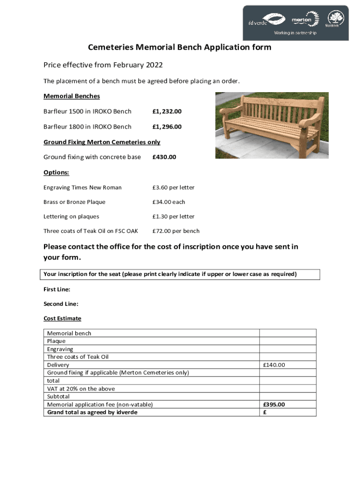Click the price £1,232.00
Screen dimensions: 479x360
click(167, 111)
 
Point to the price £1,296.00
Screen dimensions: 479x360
click(167, 127)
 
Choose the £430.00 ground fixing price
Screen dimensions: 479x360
click(164, 157)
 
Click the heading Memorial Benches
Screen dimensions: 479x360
click(72, 96)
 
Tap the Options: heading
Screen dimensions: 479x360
click(56, 173)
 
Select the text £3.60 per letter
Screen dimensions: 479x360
click(173, 188)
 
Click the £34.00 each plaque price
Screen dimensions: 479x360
click(168, 202)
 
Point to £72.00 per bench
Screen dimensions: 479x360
click(176, 231)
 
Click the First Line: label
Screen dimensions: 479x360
click(57, 290)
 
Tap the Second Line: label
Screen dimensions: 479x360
click(61, 304)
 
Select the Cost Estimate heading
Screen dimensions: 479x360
click(62, 319)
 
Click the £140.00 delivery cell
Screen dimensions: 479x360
click(274, 365)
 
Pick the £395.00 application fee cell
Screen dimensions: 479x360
click(274, 405)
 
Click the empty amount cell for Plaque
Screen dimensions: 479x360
click(288, 341)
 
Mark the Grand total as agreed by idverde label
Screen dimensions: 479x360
click(92, 412)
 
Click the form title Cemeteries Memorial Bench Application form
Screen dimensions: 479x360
click(180, 48)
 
